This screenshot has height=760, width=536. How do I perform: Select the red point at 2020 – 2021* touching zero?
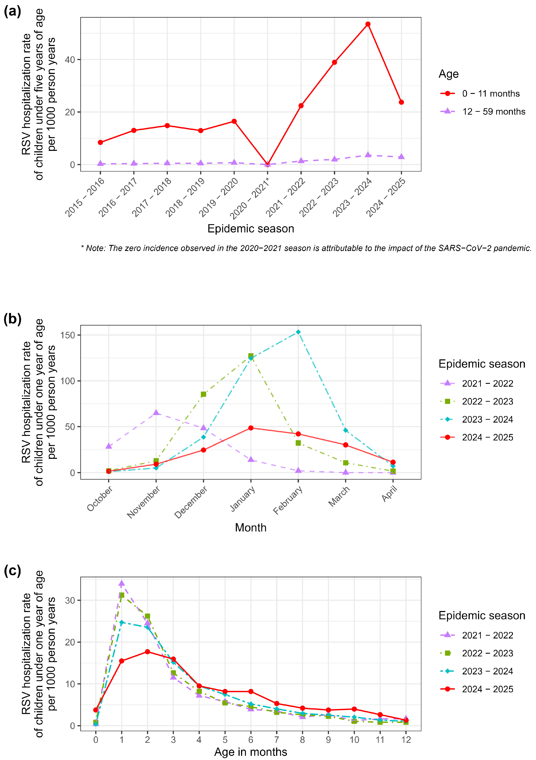click(267, 165)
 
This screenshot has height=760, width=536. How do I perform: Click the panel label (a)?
click(12, 12)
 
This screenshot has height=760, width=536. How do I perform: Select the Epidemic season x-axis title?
click(251, 229)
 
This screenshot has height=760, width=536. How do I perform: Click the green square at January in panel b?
click(251, 356)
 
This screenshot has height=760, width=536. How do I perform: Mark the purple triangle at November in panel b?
click(156, 412)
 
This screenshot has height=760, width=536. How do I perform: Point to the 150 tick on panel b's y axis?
click(68, 335)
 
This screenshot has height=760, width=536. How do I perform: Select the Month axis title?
click(251, 528)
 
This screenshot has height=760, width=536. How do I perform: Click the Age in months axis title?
click(251, 752)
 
